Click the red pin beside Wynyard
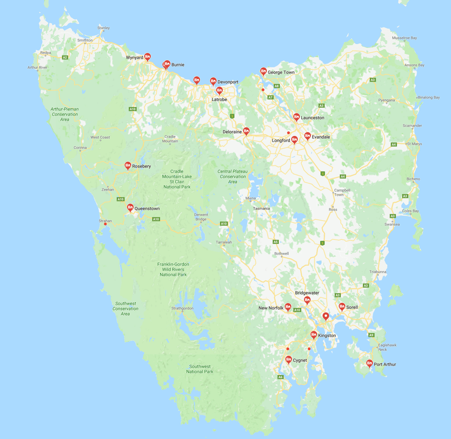(147, 57)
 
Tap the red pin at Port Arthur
(369, 363)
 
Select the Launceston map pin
(296, 117)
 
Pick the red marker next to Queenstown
(130, 208)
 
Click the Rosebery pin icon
(128, 166)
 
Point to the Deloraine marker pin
(246, 131)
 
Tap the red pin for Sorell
(342, 307)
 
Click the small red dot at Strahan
(105, 224)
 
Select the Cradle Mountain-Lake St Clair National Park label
(177, 179)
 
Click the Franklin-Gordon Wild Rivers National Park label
(173, 269)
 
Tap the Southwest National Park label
(200, 369)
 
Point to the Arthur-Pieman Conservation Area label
(65, 114)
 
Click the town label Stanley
(104, 28)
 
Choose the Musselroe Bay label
(405, 38)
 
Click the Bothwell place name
(282, 254)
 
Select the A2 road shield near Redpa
(65, 57)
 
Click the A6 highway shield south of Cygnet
(281, 377)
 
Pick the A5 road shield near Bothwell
(275, 242)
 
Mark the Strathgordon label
(182, 308)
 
